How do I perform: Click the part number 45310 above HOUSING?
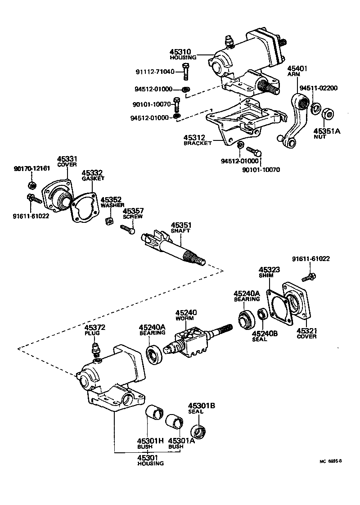tap(183, 52)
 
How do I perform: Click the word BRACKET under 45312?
tap(198, 143)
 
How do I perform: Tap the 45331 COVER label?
tap(67, 161)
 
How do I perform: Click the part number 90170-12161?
tap(32, 169)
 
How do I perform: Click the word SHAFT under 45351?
tap(180, 230)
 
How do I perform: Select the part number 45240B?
tap(262, 334)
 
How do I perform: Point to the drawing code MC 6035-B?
tap(331, 460)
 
